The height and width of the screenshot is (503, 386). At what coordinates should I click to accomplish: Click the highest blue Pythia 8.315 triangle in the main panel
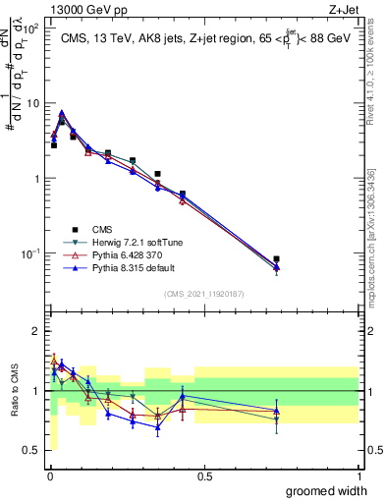tap(62, 113)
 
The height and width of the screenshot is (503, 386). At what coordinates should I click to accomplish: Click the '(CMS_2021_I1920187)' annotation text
tap(203, 293)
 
